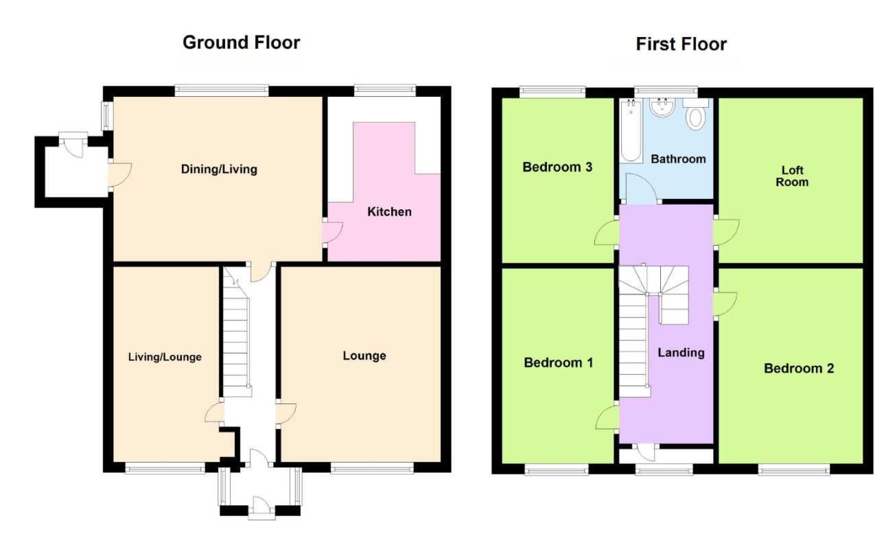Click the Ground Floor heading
[x=241, y=43]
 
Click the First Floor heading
[x=681, y=44]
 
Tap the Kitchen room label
[x=389, y=212]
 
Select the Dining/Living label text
[x=219, y=170]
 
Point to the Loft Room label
[x=792, y=176]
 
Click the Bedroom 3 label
[x=557, y=167]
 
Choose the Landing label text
[x=681, y=353]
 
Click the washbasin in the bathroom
[x=662, y=108]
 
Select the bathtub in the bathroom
[x=631, y=130]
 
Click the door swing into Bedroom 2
[x=725, y=304]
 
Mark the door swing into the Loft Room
[x=727, y=232]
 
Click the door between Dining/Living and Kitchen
[x=332, y=233]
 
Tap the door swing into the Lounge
[x=286, y=414]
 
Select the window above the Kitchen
[x=385, y=91]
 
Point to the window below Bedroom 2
[x=794, y=469]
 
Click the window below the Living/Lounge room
[x=165, y=468]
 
